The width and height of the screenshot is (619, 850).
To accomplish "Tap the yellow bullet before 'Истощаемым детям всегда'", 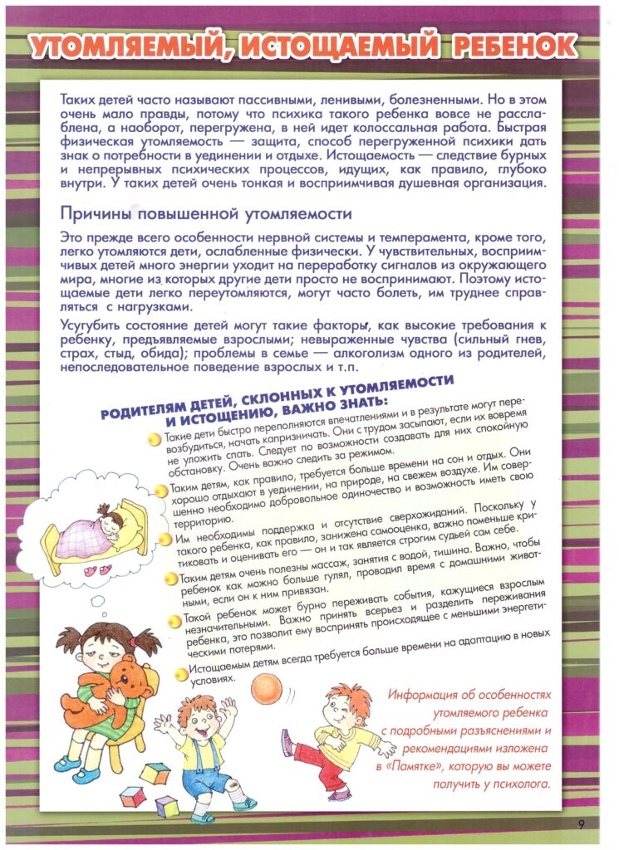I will point(181,673).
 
